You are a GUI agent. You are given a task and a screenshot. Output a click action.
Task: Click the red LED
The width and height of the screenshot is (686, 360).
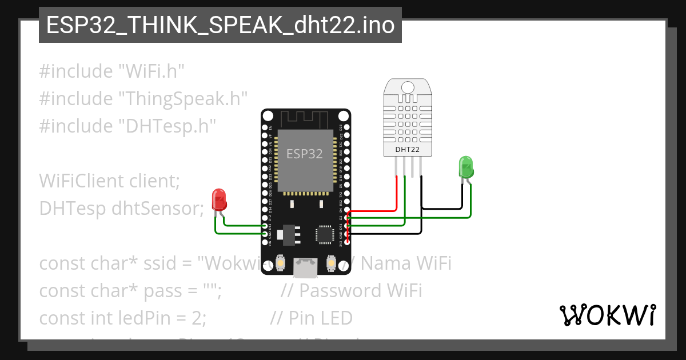(219, 199)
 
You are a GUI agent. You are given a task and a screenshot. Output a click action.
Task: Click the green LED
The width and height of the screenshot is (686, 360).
(466, 167)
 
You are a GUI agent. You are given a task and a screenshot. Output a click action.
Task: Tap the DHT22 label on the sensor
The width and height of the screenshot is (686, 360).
(408, 150)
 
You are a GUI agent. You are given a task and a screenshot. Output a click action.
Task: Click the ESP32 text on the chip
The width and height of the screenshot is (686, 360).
(305, 154)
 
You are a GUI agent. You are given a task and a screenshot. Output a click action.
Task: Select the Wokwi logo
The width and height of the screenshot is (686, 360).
(607, 315)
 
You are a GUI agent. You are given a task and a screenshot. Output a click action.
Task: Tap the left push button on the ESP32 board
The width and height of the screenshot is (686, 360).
(281, 263)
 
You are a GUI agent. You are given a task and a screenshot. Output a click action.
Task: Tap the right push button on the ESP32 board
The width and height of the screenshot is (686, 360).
(330, 263)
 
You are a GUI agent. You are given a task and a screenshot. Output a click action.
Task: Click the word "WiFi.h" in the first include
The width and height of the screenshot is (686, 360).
(151, 71)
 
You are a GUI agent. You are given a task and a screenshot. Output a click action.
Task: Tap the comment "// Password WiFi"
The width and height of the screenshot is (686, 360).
(351, 291)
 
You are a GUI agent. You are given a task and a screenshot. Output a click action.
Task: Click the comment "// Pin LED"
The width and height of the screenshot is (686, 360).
(311, 318)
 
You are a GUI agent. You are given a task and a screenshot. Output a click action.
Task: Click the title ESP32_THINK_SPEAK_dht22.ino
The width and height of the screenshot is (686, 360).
(220, 25)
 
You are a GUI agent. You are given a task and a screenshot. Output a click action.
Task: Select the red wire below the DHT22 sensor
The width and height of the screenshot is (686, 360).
(396, 194)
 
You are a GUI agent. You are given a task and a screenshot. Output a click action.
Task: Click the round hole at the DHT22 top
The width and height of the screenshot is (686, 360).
(408, 87)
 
